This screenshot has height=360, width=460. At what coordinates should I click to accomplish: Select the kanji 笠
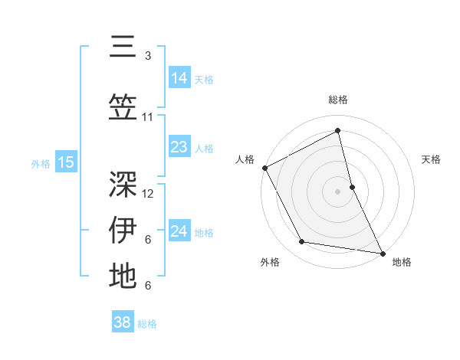pos(123,106)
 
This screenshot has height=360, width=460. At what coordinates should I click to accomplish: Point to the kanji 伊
pos(123,229)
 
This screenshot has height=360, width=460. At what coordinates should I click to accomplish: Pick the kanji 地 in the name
pos(123,276)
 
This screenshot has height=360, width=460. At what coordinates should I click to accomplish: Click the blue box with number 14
pos(179,77)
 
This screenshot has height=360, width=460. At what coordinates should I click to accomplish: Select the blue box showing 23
pos(179,147)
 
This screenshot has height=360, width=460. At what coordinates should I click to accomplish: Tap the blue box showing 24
pos(179,231)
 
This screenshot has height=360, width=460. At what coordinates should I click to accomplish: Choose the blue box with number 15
pos(65,162)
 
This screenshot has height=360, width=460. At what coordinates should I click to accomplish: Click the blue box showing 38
pos(122,322)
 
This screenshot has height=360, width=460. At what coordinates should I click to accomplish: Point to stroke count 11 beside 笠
pos(148,117)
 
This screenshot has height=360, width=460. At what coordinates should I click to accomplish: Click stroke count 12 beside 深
pos(148,193)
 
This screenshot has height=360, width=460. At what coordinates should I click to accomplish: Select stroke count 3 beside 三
pos(148,56)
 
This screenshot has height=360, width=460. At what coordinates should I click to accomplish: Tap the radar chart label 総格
pos(337,100)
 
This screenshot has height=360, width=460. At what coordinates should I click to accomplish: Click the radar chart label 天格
pos(432,159)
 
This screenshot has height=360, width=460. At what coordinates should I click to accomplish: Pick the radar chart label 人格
pos(245,159)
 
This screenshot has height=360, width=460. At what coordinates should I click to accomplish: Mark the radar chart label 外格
pos(270,262)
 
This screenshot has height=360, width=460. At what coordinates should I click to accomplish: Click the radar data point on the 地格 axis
pos(382,252)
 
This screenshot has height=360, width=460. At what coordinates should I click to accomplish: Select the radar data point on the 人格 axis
pos(264,168)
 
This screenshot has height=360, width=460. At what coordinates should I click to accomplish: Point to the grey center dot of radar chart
pos(337,191)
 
